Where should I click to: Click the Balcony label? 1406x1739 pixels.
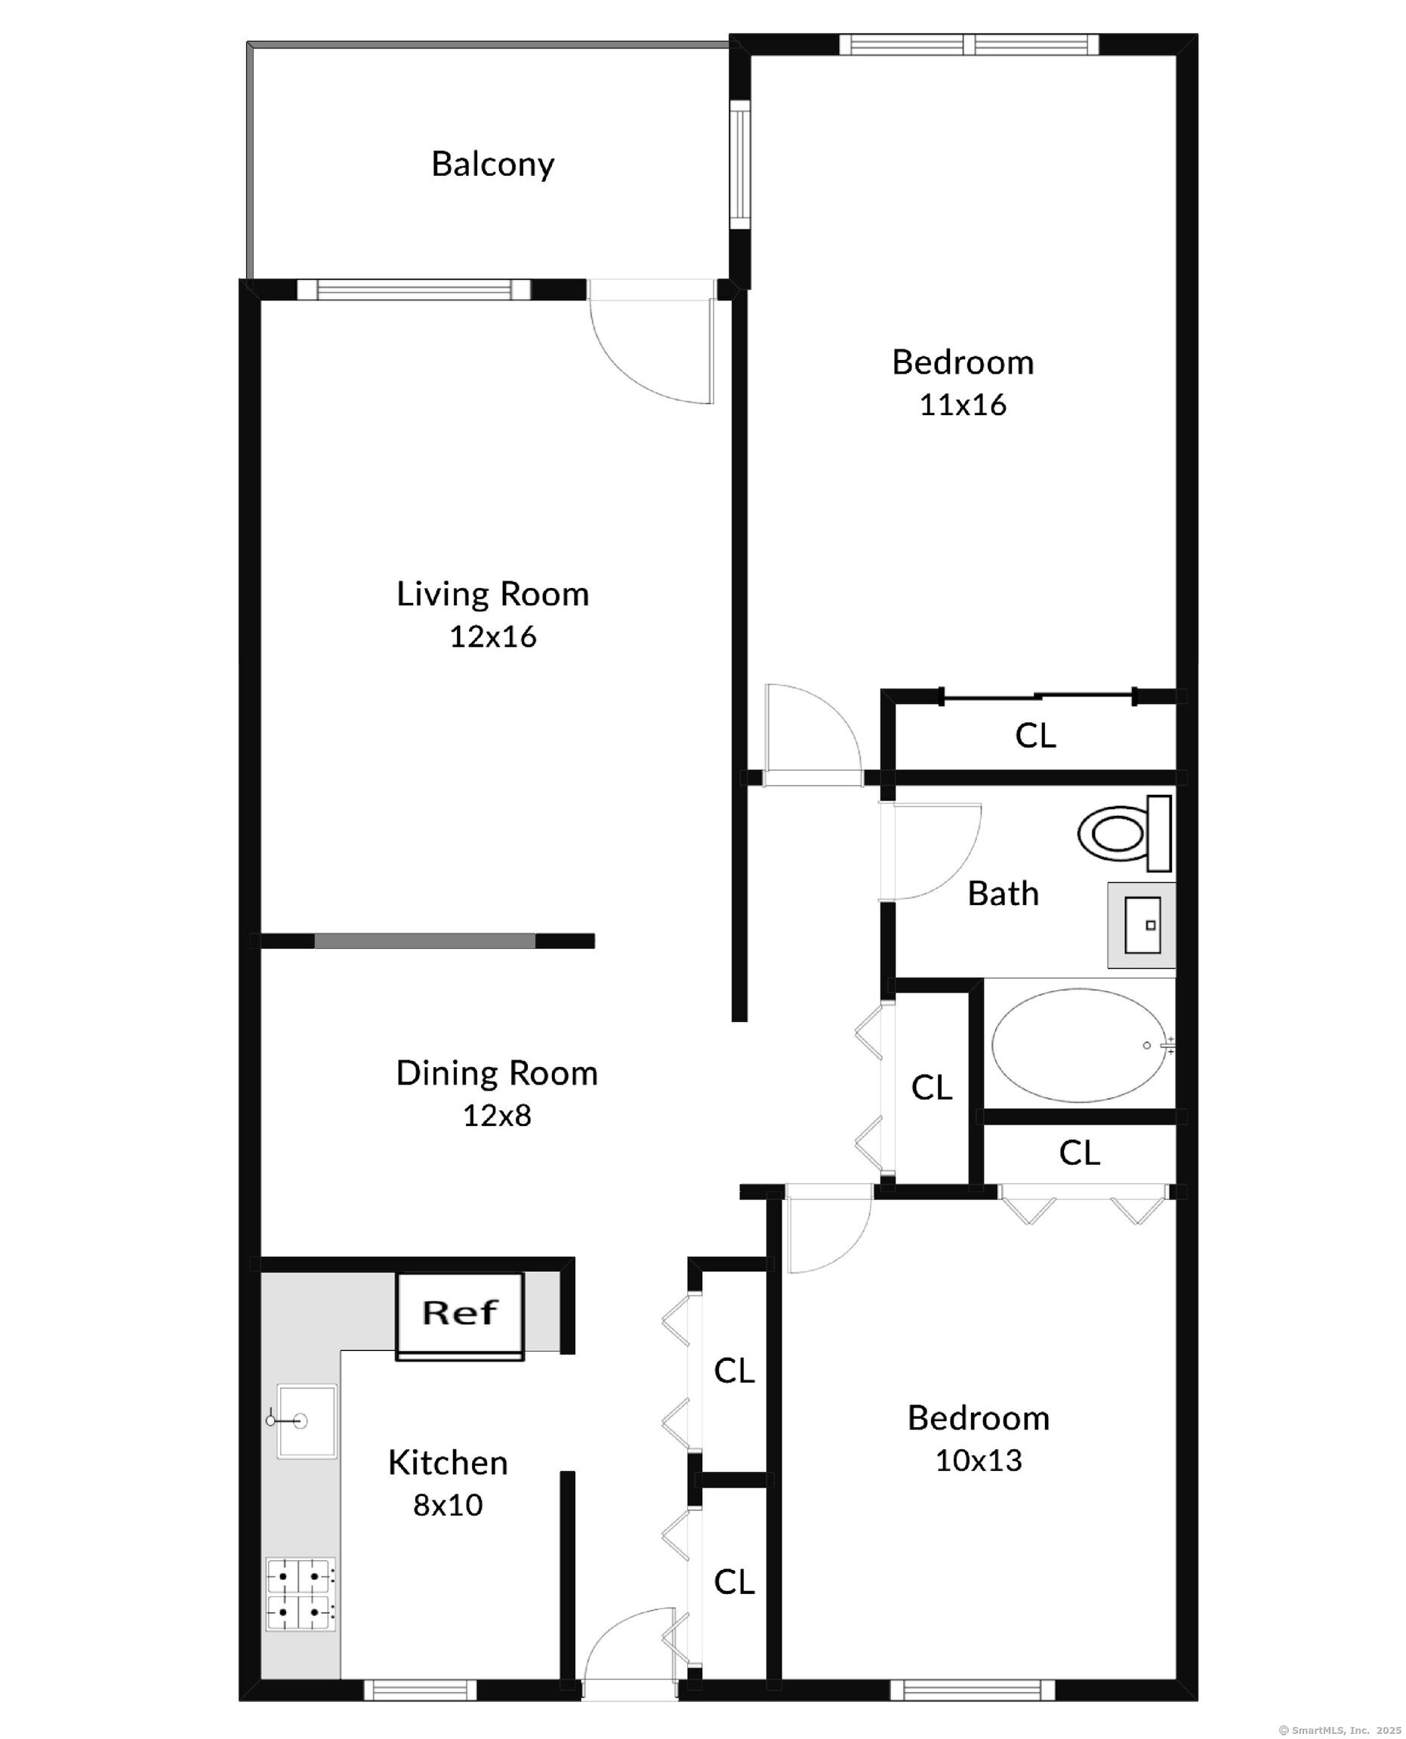(492, 165)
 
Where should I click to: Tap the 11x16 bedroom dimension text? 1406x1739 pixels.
(962, 405)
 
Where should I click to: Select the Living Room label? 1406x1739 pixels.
(492, 594)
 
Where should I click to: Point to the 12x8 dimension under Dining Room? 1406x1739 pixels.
(496, 1116)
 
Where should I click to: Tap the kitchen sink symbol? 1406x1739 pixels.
(306, 1420)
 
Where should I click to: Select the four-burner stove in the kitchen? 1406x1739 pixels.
(301, 1595)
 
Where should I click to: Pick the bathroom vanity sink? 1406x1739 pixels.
(1141, 925)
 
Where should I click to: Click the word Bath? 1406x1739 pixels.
(1003, 894)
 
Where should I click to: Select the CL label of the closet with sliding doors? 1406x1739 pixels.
(1035, 736)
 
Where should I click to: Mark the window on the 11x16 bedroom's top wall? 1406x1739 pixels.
(969, 45)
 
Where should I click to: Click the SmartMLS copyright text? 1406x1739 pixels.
(1341, 1724)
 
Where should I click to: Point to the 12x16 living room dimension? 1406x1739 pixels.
(492, 637)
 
